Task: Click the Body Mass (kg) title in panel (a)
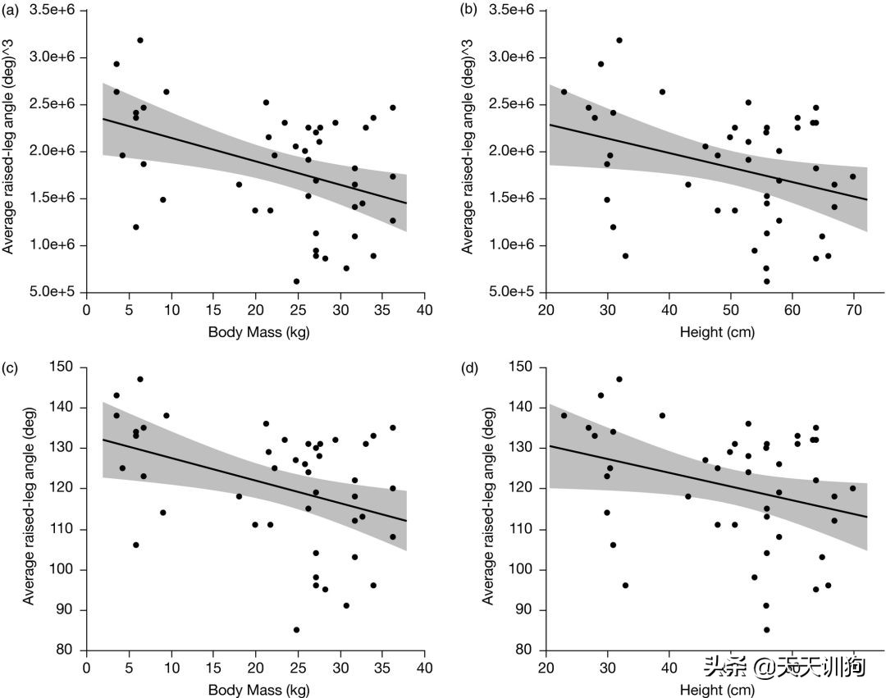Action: [x=255, y=332]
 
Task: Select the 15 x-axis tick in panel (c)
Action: [x=213, y=669]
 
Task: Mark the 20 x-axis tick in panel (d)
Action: [x=546, y=669]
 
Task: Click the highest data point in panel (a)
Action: [x=140, y=40]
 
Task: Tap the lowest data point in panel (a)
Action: [x=296, y=281]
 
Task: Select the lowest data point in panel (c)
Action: [x=296, y=630]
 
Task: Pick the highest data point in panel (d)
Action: [x=619, y=379]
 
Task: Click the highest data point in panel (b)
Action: [x=619, y=40]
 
